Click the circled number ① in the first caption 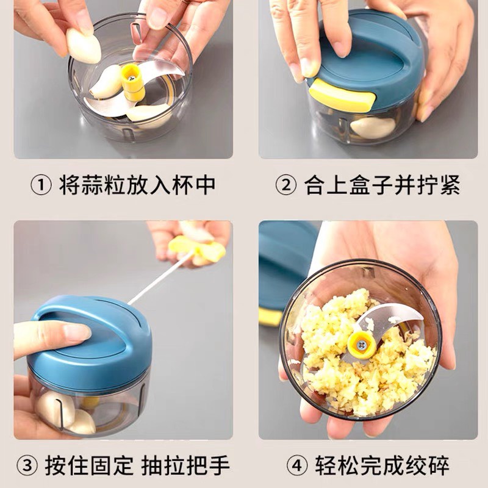[41, 185]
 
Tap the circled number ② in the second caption [285, 185]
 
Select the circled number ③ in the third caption [27, 466]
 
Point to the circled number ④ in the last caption [297, 466]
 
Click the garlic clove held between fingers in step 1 [84, 46]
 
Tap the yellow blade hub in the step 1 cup [133, 82]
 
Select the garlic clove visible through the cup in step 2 [373, 127]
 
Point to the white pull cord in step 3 [160, 278]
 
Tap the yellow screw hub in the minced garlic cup [361, 345]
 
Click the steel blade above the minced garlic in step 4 [390, 318]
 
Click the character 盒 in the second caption [360, 185]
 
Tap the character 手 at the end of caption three [220, 466]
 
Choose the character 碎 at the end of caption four [438, 466]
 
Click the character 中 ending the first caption [206, 185]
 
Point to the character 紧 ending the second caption [450, 185]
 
